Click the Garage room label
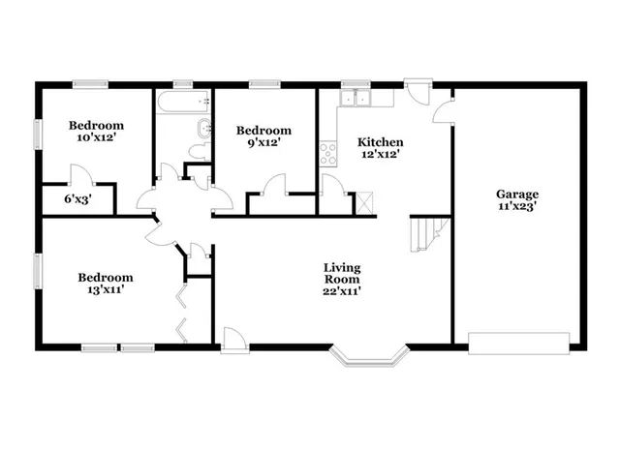pos(517,194)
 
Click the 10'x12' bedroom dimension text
pos(96,137)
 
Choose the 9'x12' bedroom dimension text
pos(263,143)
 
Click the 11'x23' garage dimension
pos(517,206)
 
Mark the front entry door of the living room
pos(233,338)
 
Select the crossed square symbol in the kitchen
pos(364,202)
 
